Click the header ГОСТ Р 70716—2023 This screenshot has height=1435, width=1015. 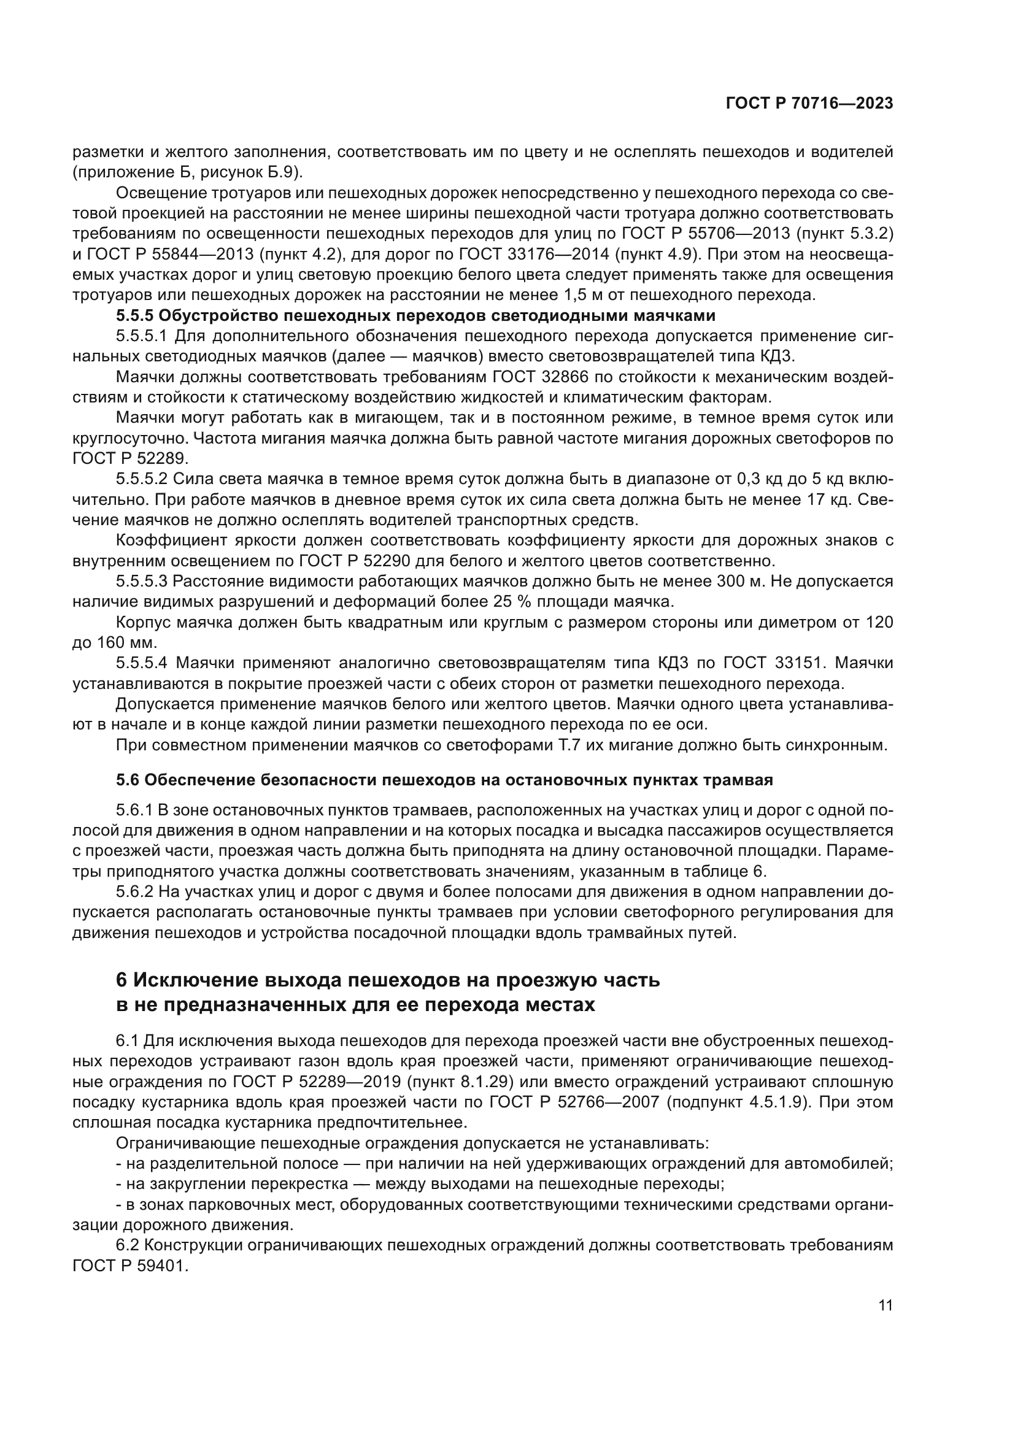tap(809, 104)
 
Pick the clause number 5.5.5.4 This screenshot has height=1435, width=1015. tap(142, 663)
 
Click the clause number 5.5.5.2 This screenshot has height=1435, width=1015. tap(142, 479)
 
